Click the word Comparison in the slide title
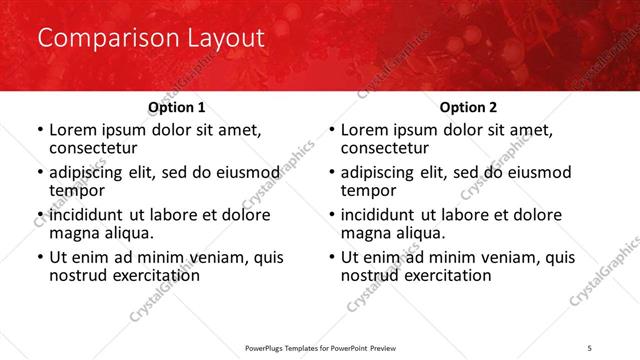97,39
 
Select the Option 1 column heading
177,107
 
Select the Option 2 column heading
469,107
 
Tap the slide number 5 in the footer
589,346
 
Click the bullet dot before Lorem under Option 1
40,130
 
